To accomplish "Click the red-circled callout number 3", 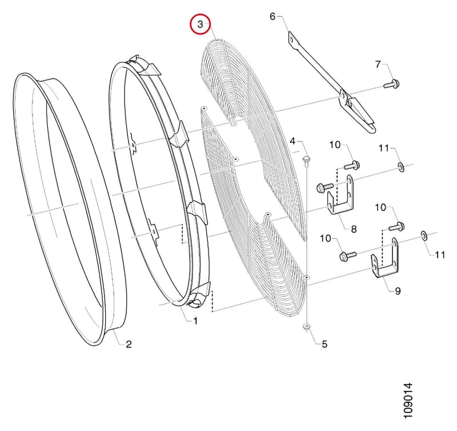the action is [x=200, y=24].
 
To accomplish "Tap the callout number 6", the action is [x=272, y=17].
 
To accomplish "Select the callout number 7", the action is [x=378, y=64].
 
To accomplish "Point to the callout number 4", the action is [x=292, y=141].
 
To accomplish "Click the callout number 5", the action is [x=324, y=344].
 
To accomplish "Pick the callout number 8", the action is [x=354, y=229].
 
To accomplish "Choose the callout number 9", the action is [x=398, y=291].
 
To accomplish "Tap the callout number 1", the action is [x=195, y=321].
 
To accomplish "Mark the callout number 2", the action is [x=129, y=344].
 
